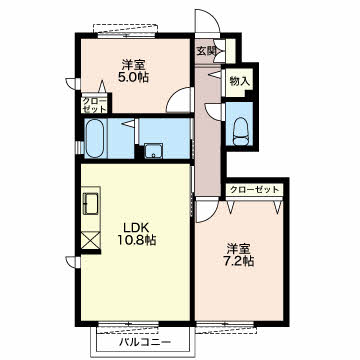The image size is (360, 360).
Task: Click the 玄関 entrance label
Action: point(205,51)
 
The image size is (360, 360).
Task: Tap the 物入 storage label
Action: point(240,81)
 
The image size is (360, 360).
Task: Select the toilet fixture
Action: point(241,132)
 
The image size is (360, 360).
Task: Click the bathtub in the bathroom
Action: point(95,138)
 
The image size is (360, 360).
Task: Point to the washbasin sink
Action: point(154,151)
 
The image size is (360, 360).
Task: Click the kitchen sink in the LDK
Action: point(91,204)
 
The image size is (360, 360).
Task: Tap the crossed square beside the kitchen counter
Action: point(91,240)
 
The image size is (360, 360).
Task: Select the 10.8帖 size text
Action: point(136,240)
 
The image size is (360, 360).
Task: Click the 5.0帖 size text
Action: point(133,77)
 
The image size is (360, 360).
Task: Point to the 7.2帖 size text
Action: point(238,261)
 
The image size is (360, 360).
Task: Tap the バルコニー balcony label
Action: point(145,342)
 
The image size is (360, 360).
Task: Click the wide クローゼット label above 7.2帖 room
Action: point(254,190)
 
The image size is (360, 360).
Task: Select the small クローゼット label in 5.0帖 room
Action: point(95,105)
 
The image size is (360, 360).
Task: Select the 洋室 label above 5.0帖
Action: point(133,64)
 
